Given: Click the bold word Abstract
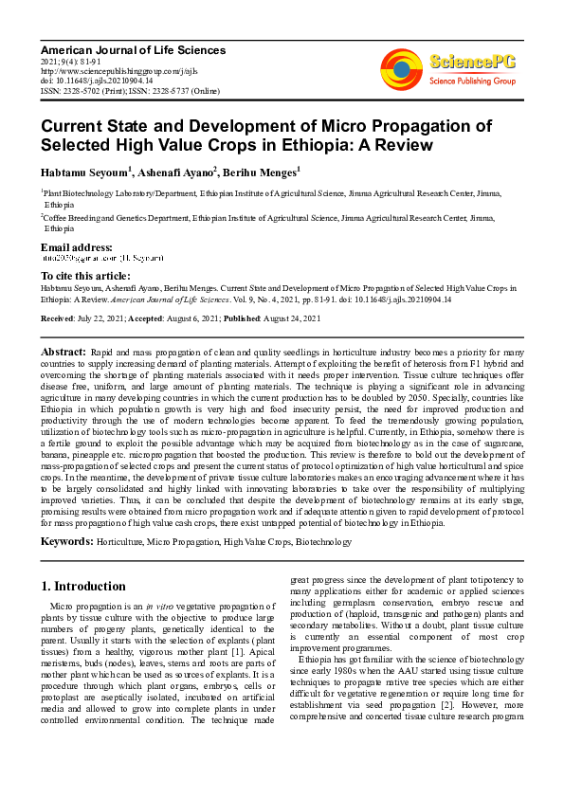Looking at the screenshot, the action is (x=64, y=352).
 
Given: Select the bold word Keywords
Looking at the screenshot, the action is (x=66, y=541).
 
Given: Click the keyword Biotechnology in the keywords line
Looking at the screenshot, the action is (x=322, y=541).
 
